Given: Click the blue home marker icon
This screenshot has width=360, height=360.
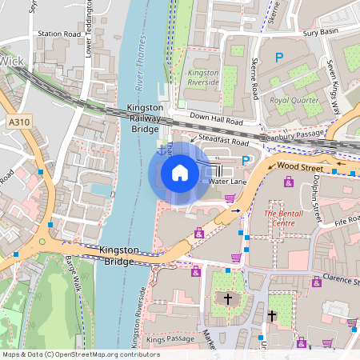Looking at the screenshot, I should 180,172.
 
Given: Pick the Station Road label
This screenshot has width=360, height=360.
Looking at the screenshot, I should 58,34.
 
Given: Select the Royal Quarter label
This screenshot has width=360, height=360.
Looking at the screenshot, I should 290,102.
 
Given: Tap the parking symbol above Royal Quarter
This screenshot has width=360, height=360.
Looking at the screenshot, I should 279,58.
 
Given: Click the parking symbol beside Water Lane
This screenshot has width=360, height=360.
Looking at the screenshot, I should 246,162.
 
